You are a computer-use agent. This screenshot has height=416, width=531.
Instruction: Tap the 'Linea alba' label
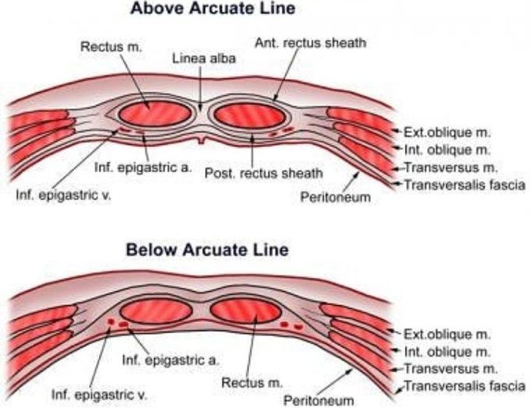click(x=199, y=59)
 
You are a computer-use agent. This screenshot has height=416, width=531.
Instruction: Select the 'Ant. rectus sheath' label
click(x=310, y=42)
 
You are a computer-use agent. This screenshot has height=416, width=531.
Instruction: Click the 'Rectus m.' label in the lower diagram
click(x=248, y=383)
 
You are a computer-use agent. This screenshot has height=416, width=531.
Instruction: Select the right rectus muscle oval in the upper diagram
click(x=249, y=116)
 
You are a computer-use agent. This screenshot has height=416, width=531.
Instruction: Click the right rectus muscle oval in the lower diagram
click(x=245, y=310)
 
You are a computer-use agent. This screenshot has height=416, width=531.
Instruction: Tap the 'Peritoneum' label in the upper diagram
click(x=335, y=198)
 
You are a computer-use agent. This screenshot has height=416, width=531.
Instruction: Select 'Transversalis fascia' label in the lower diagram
click(x=462, y=386)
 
